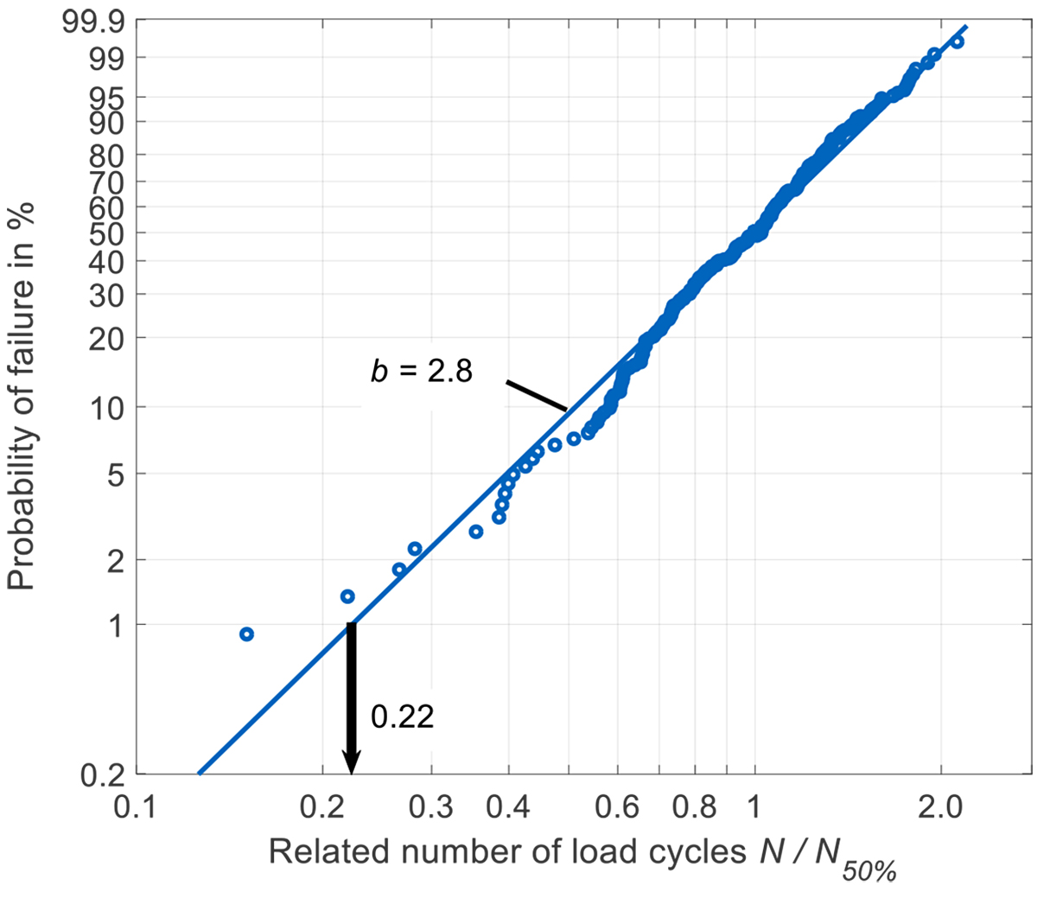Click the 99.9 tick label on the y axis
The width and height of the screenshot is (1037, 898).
click(x=93, y=23)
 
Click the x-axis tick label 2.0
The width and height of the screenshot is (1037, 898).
click(x=941, y=809)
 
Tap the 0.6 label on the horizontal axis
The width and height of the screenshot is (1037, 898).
click(x=618, y=809)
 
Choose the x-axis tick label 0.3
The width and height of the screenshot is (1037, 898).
click(x=432, y=809)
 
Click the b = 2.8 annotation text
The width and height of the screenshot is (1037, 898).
click(x=422, y=372)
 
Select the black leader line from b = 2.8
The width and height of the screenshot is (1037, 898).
click(x=537, y=396)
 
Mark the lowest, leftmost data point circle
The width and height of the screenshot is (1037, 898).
click(x=246, y=634)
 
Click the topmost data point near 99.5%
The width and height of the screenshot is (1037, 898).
click(x=957, y=41)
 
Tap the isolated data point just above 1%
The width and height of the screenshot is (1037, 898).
click(x=347, y=596)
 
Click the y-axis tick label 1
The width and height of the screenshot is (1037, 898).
click(x=118, y=625)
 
